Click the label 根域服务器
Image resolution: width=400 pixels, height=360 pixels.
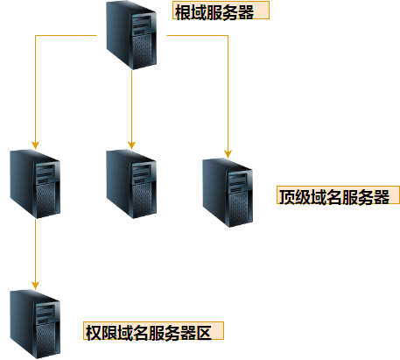coord(218,12)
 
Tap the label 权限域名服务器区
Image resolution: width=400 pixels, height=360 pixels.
coord(153,332)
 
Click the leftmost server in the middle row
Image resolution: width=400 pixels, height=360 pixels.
coord(36,184)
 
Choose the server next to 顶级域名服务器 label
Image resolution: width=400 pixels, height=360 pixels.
coord(228,192)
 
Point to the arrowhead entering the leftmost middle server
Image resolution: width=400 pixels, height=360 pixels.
coord(36,143)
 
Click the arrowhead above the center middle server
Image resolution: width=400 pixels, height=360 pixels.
coord(130,143)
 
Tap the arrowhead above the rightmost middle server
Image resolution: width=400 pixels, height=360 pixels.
coord(228,153)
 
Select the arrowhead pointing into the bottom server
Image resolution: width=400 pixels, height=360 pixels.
coord(36,284)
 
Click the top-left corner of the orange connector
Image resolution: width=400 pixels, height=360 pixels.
coord(36,37)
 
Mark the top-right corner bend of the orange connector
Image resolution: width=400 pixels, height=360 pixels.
coord(228,37)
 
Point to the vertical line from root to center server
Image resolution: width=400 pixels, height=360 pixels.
coord(130,105)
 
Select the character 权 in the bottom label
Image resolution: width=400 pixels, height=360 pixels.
coord(94,332)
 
